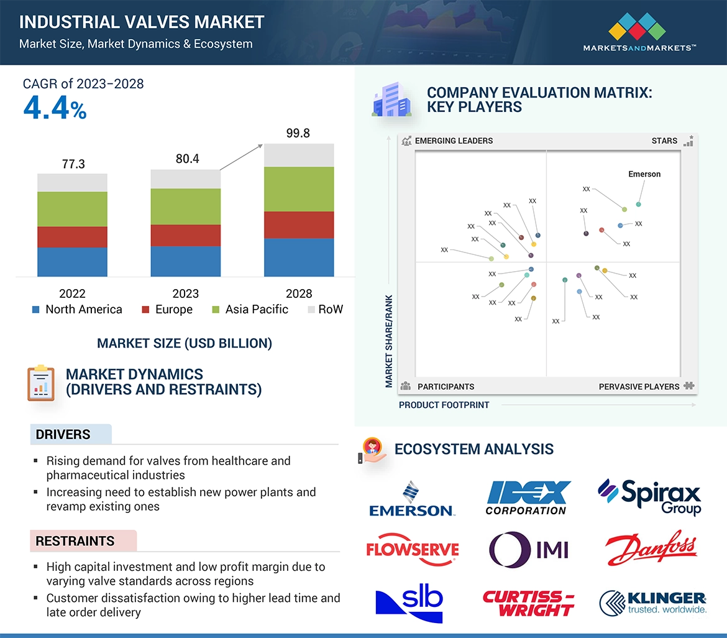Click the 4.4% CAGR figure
pos(55,108)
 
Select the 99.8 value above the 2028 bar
pos(298,133)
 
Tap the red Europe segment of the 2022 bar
pos(72,237)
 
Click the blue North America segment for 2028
pos(299,257)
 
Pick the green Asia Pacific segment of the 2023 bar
pos(185,206)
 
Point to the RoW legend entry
pos(325,310)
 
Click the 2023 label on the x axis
pos(185,294)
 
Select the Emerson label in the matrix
pos(644,174)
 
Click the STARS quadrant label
pos(664,141)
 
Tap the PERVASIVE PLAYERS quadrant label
pos(639,387)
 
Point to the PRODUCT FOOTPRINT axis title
pos(444,405)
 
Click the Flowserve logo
pos(412,549)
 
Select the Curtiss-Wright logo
pos(528,603)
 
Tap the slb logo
pos(410,602)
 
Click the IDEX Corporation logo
pos(528,498)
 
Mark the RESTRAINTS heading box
pos(83,541)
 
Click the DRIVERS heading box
pos(71,435)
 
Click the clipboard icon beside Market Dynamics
pos(40,383)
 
